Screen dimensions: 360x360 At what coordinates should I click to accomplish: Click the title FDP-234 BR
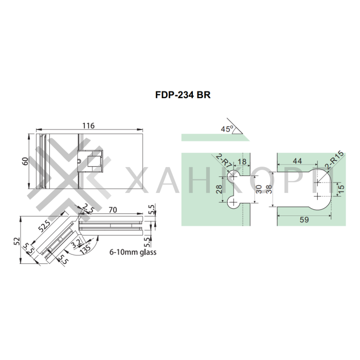click(183, 95)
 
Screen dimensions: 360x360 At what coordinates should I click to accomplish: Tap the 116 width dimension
click(88, 125)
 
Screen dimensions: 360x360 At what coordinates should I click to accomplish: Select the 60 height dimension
click(25, 161)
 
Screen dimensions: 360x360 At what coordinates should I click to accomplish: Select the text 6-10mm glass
click(133, 253)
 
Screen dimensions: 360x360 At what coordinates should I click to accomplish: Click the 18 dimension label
click(243, 161)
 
